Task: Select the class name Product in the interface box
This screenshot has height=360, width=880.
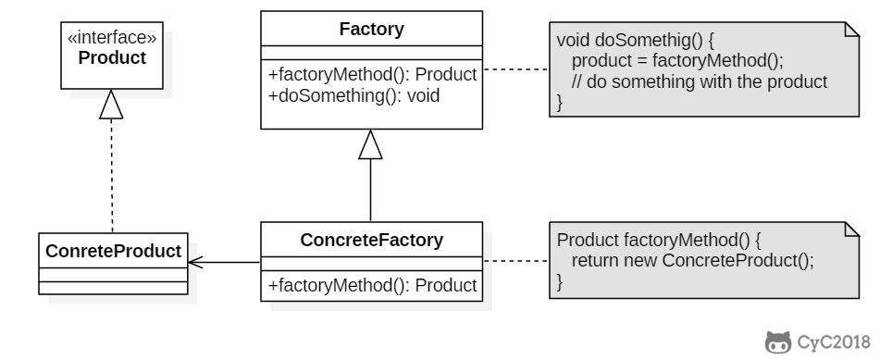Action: (x=112, y=57)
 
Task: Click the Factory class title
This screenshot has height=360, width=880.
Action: (x=371, y=30)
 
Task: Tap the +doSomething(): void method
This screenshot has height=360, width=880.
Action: (x=353, y=94)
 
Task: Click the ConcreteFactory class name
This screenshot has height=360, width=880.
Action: (x=371, y=241)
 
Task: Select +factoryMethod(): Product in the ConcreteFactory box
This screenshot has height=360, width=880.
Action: (x=372, y=286)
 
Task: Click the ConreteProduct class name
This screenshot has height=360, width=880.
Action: (x=112, y=251)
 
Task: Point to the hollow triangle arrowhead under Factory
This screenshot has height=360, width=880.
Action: (x=371, y=144)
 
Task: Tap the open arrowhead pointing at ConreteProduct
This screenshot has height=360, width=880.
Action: (x=195, y=262)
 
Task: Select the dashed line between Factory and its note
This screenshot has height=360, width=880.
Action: (x=514, y=69)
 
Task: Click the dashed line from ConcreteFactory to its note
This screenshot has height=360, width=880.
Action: (x=514, y=262)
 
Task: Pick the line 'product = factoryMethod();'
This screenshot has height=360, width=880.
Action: (x=677, y=61)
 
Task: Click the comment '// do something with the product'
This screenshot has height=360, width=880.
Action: (x=699, y=81)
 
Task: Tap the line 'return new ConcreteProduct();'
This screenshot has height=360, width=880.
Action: (x=692, y=260)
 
